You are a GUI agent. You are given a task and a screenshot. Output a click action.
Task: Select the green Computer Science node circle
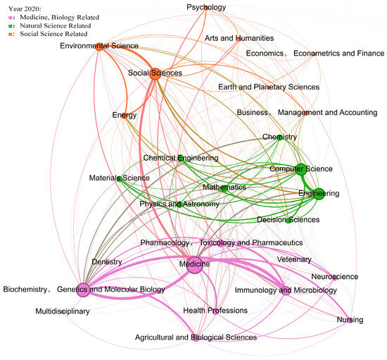click(x=300, y=168)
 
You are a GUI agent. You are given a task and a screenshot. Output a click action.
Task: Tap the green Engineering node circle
click(x=319, y=194)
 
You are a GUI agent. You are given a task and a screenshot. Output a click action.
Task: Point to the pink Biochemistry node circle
click(x=83, y=287)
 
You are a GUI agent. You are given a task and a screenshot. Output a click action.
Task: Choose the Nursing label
click(x=350, y=321)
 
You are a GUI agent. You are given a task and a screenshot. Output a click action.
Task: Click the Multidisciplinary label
click(x=63, y=311)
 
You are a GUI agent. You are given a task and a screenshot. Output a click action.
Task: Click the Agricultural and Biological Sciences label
click(x=196, y=338)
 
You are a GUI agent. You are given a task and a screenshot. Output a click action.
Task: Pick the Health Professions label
click(x=215, y=311)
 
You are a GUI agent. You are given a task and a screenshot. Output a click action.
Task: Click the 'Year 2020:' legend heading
click(x=23, y=6)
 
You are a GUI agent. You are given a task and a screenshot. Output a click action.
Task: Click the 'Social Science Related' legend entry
click(x=49, y=33)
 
